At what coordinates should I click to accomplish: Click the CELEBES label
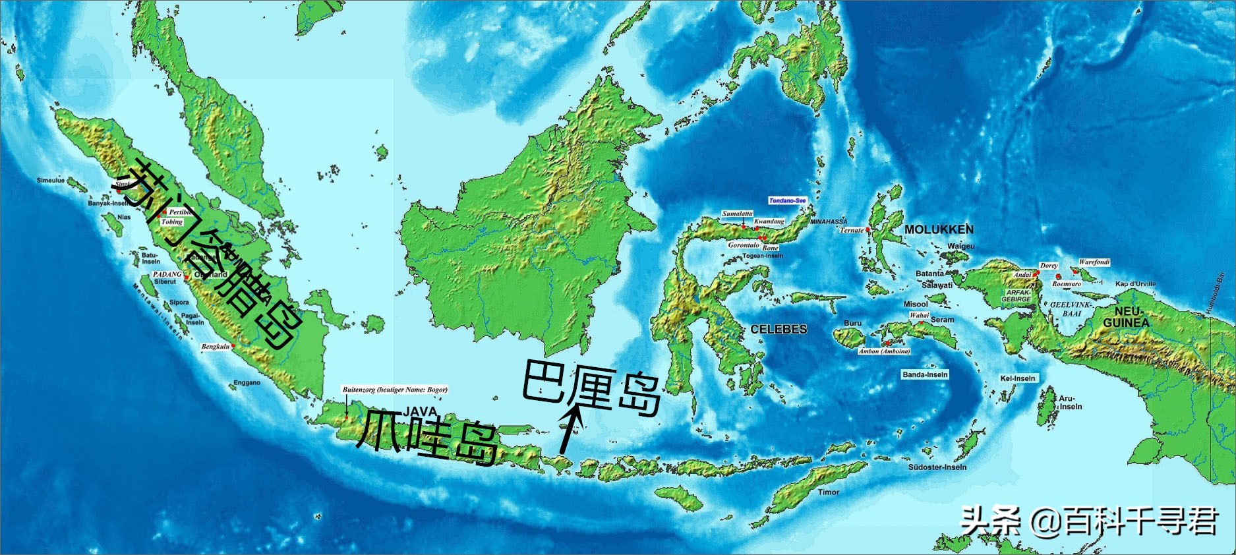click(779, 329)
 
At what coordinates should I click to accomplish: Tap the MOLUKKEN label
click(939, 229)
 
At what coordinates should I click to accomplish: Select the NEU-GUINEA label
click(1126, 317)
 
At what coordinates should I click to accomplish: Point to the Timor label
click(829, 492)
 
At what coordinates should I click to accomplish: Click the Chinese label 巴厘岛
click(591, 387)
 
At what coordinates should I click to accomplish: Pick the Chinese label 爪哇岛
click(427, 438)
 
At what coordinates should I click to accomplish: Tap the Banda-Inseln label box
click(925, 374)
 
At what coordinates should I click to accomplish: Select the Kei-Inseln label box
click(1018, 378)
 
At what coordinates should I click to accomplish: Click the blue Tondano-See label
click(787, 200)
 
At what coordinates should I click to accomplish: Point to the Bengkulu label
click(216, 347)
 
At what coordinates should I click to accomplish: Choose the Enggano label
click(247, 382)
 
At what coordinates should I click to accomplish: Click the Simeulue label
click(51, 180)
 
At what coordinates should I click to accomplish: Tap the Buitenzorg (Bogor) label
click(394, 390)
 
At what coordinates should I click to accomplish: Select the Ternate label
click(851, 230)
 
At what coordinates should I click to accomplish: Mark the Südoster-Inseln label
click(937, 467)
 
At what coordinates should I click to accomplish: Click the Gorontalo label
click(743, 245)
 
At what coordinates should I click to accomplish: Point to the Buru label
click(852, 323)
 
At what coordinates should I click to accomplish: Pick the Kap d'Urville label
click(1135, 284)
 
